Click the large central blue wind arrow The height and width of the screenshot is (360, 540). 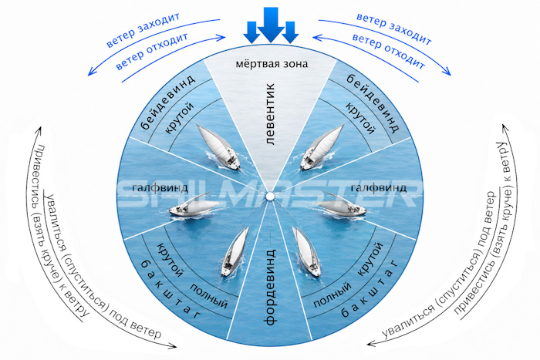[x=271, y=24]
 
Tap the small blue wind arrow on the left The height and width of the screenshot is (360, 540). [x=251, y=32]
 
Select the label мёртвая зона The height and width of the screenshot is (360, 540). [x=272, y=64]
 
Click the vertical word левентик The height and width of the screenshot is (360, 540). [x=271, y=113]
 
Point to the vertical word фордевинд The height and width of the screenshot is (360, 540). [x=271, y=286]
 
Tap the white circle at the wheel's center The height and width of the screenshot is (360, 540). [x=270, y=196]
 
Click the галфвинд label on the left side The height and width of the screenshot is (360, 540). [x=160, y=188]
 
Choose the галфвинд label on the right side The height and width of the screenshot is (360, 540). [x=379, y=188]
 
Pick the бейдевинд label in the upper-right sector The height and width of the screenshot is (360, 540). [x=373, y=103]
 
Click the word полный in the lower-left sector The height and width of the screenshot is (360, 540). [x=209, y=296]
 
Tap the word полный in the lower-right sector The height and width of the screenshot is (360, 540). [x=332, y=294]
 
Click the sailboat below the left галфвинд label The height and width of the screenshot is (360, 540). [x=194, y=206]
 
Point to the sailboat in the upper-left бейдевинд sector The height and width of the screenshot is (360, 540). [x=218, y=146]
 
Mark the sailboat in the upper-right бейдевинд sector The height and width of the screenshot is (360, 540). [x=322, y=147]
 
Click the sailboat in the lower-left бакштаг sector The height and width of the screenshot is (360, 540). [x=235, y=251]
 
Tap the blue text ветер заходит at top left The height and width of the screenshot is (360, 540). [x=143, y=30]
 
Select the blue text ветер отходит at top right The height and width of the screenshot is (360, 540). [x=389, y=52]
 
